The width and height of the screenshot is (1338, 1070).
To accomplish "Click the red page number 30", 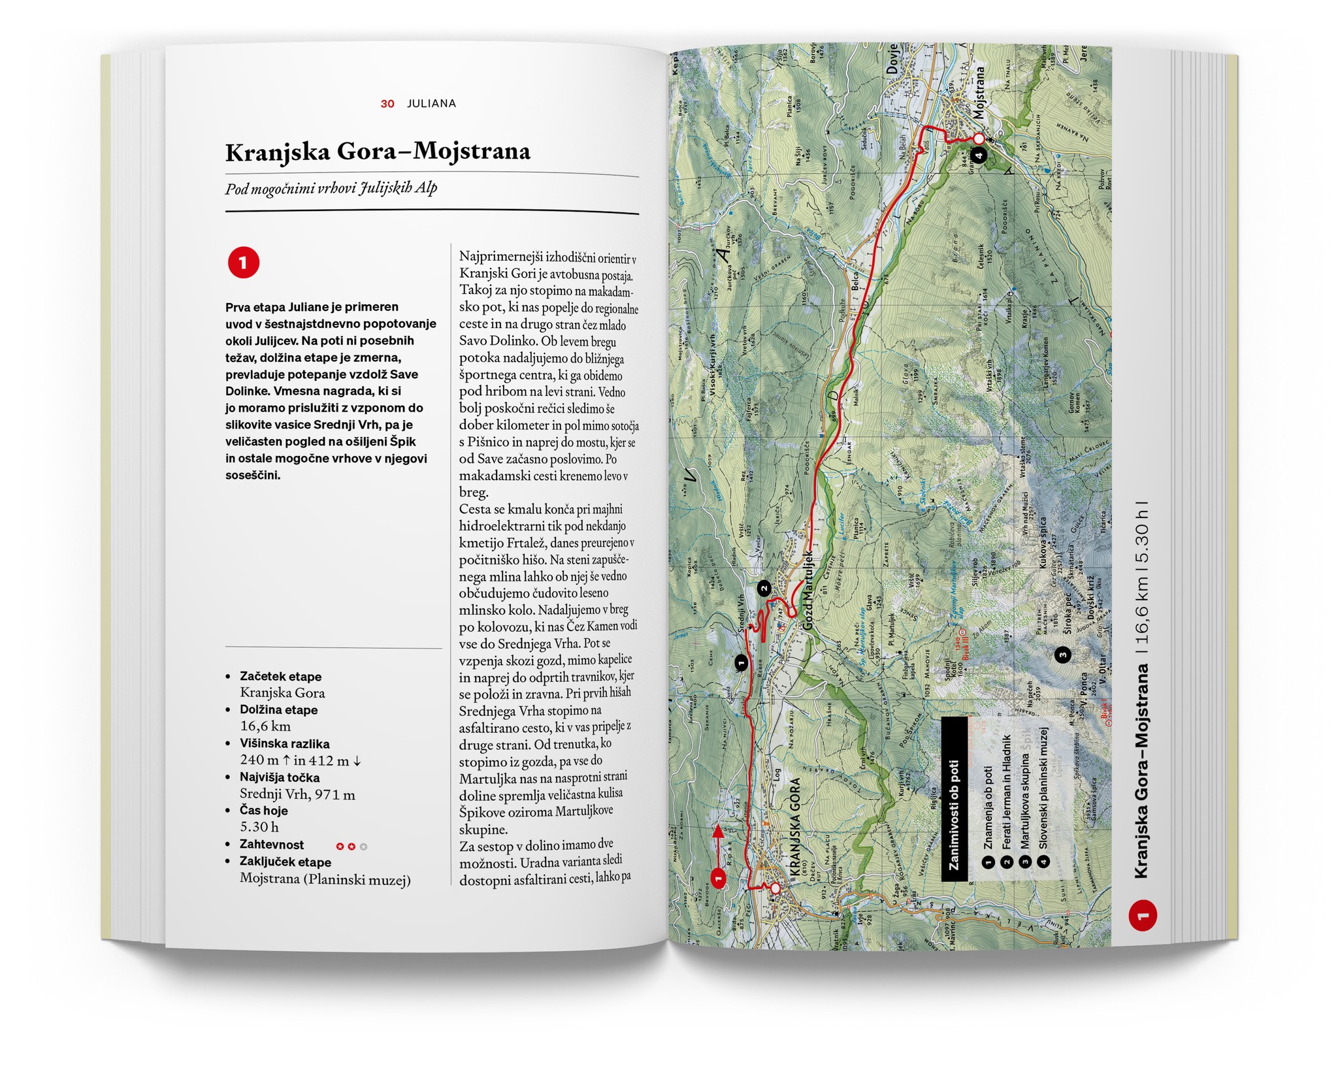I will (x=387, y=104).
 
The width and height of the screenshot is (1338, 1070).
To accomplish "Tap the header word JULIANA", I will (x=431, y=103).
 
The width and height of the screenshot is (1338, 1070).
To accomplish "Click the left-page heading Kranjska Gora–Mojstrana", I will (x=378, y=152).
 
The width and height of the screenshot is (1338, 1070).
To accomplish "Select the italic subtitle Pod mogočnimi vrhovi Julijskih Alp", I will (x=331, y=189).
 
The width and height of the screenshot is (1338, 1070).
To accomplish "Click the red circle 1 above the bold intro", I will (x=243, y=263).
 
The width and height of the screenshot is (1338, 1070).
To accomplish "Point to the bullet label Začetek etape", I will (x=280, y=677).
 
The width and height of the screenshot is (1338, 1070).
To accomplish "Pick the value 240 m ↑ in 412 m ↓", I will (x=301, y=760).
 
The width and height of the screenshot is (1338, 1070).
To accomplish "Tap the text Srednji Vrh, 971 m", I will (x=297, y=794).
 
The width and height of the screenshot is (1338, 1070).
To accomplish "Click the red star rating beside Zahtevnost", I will (x=351, y=847).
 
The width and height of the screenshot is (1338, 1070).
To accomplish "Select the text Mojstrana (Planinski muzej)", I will (x=325, y=879).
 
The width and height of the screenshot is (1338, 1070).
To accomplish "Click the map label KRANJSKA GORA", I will (x=795, y=826).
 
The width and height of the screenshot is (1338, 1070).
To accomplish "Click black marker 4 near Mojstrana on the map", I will (x=978, y=155).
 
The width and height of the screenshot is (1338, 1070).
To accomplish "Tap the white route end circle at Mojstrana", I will (x=979, y=138).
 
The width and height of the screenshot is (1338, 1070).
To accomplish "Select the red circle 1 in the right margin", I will (x=1143, y=916).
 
